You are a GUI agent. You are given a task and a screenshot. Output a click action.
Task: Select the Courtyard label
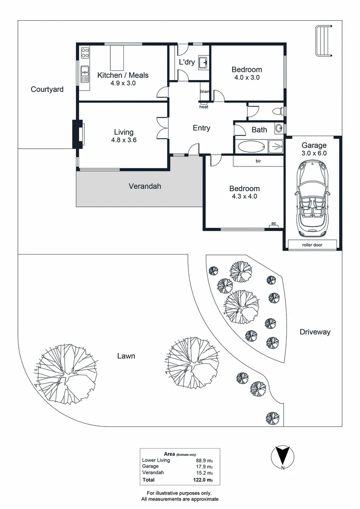47,89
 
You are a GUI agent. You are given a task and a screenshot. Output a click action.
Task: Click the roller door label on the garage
312,245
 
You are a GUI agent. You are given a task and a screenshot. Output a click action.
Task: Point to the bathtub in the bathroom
251,147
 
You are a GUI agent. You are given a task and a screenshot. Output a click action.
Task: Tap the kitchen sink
85,72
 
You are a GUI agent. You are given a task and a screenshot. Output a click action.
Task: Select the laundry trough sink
204,62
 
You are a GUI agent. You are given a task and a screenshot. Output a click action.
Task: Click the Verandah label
145,186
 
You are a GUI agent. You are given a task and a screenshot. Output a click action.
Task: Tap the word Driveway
315,332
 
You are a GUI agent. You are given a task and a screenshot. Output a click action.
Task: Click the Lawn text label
126,356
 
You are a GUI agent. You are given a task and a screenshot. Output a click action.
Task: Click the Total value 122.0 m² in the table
204,480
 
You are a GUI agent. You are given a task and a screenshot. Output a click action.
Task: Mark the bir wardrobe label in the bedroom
259,161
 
